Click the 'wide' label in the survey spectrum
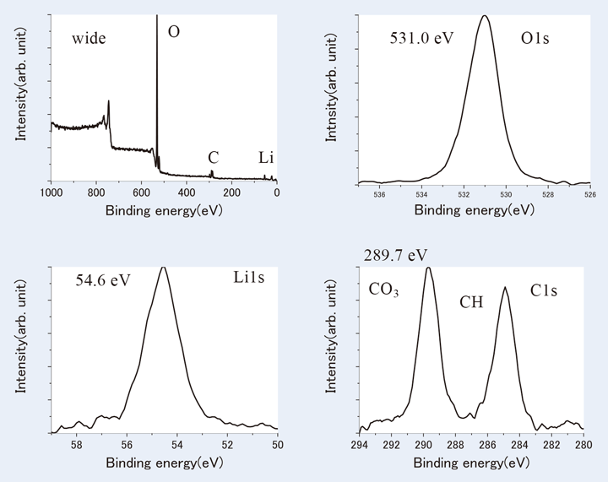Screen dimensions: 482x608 tap(88, 38)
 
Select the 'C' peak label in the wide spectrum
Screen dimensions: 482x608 tap(214, 157)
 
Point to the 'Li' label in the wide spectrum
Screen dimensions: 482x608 tap(266, 157)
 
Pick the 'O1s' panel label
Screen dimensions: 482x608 tap(532, 38)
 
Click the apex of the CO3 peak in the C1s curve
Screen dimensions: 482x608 tap(427, 268)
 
